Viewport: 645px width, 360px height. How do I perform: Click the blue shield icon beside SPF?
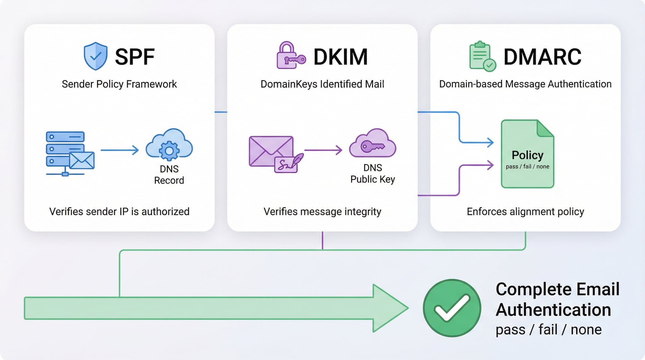tap(95, 56)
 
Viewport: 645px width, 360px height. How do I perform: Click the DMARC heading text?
tap(542, 57)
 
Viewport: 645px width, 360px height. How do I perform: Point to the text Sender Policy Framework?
tap(119, 84)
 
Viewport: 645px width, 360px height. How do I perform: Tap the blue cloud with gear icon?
tap(169, 144)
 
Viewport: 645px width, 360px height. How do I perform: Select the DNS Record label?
tap(169, 175)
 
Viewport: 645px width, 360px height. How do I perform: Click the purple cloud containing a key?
tap(373, 144)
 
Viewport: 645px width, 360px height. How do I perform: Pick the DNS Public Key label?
tap(373, 174)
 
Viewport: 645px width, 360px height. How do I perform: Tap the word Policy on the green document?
tap(528, 155)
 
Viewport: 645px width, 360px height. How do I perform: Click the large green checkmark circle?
tap(452, 308)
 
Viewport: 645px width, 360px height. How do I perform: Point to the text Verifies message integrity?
tap(322, 212)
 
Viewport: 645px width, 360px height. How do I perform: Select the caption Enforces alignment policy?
tap(525, 212)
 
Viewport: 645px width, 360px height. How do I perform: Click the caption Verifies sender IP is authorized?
tap(119, 212)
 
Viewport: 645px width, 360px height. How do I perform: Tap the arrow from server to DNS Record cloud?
tap(120, 150)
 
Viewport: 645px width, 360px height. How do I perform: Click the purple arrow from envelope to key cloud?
tap(323, 150)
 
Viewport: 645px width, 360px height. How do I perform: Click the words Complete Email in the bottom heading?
tap(557, 289)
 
